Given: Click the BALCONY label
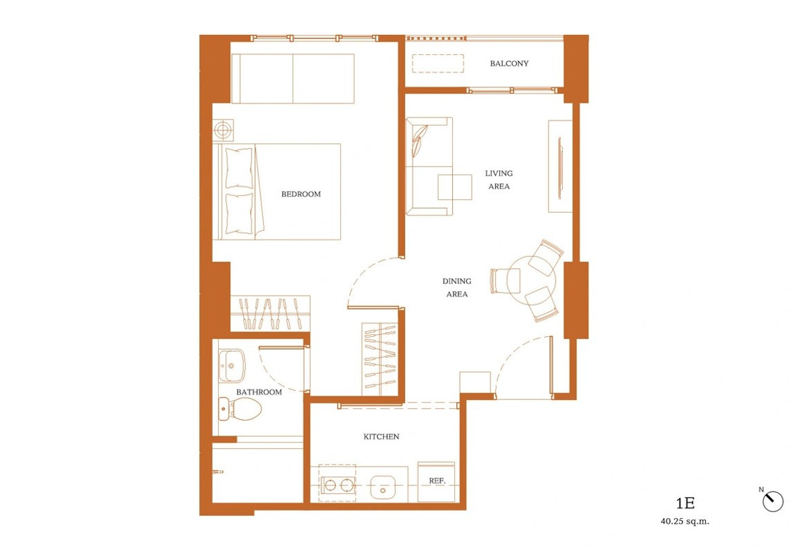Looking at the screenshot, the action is pyautogui.click(x=509, y=64).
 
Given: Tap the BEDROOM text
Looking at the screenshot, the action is pyautogui.click(x=301, y=194).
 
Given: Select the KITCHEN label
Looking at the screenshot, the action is pyautogui.click(x=381, y=436).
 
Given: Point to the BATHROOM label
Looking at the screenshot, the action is pyautogui.click(x=259, y=392).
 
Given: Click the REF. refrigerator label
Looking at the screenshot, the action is pyautogui.click(x=437, y=481).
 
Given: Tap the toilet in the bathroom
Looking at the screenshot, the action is pyautogui.click(x=239, y=409).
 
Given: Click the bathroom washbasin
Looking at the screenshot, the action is pyautogui.click(x=232, y=365).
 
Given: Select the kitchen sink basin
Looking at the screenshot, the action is pyautogui.click(x=383, y=488).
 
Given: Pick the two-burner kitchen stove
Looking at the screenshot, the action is pyautogui.click(x=338, y=485).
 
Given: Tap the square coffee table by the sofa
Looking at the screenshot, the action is pyautogui.click(x=455, y=187).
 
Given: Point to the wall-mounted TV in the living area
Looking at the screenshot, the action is pyautogui.click(x=559, y=168).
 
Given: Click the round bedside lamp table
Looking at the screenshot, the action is pyautogui.click(x=223, y=130).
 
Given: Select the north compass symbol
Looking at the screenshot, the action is pyautogui.click(x=773, y=501).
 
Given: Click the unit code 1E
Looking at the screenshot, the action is pyautogui.click(x=686, y=503).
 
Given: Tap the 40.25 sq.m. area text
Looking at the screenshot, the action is pyautogui.click(x=685, y=521).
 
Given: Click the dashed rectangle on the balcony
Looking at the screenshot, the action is pyautogui.click(x=437, y=64).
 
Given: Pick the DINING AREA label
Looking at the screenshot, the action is pyautogui.click(x=457, y=288).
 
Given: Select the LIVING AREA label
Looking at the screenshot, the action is pyautogui.click(x=499, y=180).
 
